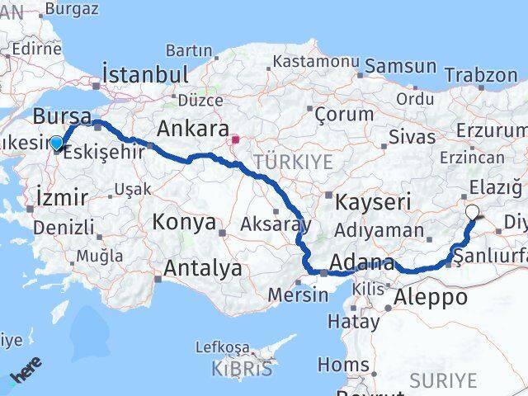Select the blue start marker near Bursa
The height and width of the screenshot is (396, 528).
pyautogui.click(x=56, y=143)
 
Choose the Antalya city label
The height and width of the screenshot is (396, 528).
pyautogui.click(x=202, y=267)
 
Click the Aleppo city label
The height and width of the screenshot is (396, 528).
pyautogui.click(x=431, y=297)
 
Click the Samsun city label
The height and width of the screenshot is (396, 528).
pyautogui.click(x=401, y=66)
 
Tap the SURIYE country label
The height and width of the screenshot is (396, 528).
pyautogui.click(x=444, y=379)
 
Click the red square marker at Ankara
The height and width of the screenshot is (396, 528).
pyautogui.click(x=234, y=139)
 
